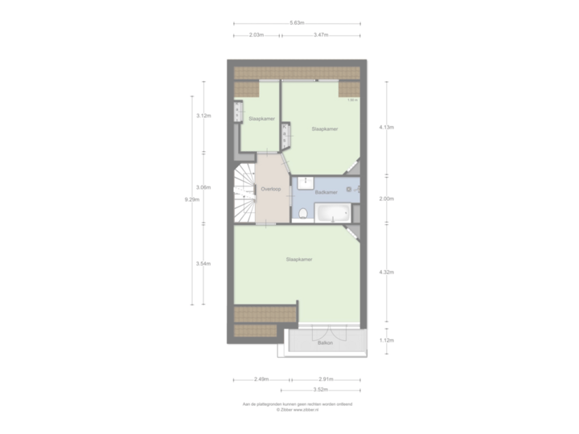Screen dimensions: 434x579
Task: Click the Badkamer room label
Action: pyautogui.click(x=326, y=194)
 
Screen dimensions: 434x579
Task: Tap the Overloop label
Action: pyautogui.click(x=271, y=189)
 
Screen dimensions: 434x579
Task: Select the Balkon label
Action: pyautogui.click(x=325, y=342)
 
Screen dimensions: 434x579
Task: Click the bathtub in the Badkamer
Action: pyautogui.click(x=331, y=214)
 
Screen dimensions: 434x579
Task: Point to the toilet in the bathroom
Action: pyautogui.click(x=302, y=213)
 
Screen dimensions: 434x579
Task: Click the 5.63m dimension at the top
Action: pyautogui.click(x=297, y=23)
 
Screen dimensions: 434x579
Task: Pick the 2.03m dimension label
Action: pyautogui.click(x=257, y=35)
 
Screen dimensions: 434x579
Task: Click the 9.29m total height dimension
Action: pyautogui.click(x=191, y=200)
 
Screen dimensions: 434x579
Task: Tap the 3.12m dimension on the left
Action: pyautogui.click(x=203, y=116)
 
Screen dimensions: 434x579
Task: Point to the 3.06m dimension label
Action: pyautogui.click(x=203, y=186)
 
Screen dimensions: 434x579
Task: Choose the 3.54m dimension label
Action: pyautogui.click(x=203, y=263)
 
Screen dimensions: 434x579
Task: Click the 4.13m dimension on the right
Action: pyautogui.click(x=388, y=127)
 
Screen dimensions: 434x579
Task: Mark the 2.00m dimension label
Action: pyautogui.click(x=388, y=199)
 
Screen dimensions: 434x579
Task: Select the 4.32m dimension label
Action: pyautogui.click(x=388, y=272)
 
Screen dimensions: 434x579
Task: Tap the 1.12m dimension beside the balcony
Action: pyautogui.click(x=388, y=341)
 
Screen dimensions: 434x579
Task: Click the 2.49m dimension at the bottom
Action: pyautogui.click(x=261, y=379)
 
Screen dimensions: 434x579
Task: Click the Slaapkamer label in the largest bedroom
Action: pyautogui.click(x=299, y=260)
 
